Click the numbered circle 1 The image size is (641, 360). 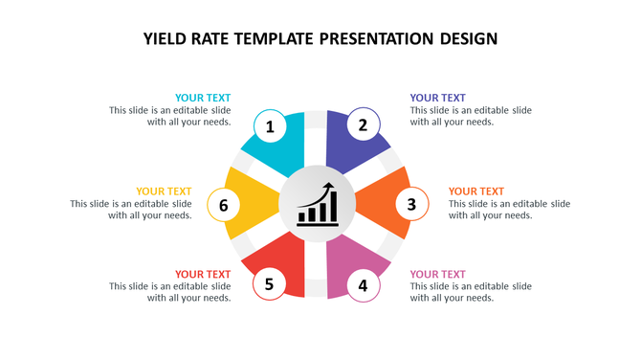[x=270, y=126]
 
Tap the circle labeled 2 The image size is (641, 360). [x=363, y=124]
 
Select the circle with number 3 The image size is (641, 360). [x=411, y=204]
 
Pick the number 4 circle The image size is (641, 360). [x=363, y=284]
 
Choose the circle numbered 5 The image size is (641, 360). [x=270, y=284]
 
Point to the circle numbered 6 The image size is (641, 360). [x=223, y=205]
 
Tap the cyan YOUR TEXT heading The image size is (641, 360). [x=203, y=98]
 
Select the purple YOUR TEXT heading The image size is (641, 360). [x=437, y=98]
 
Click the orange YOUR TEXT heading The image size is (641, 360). [x=476, y=191]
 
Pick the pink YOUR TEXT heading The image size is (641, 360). [x=437, y=275]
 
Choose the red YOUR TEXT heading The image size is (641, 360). [x=203, y=275]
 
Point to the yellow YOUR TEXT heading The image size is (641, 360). [x=164, y=191]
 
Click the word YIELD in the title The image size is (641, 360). [x=166, y=39]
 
